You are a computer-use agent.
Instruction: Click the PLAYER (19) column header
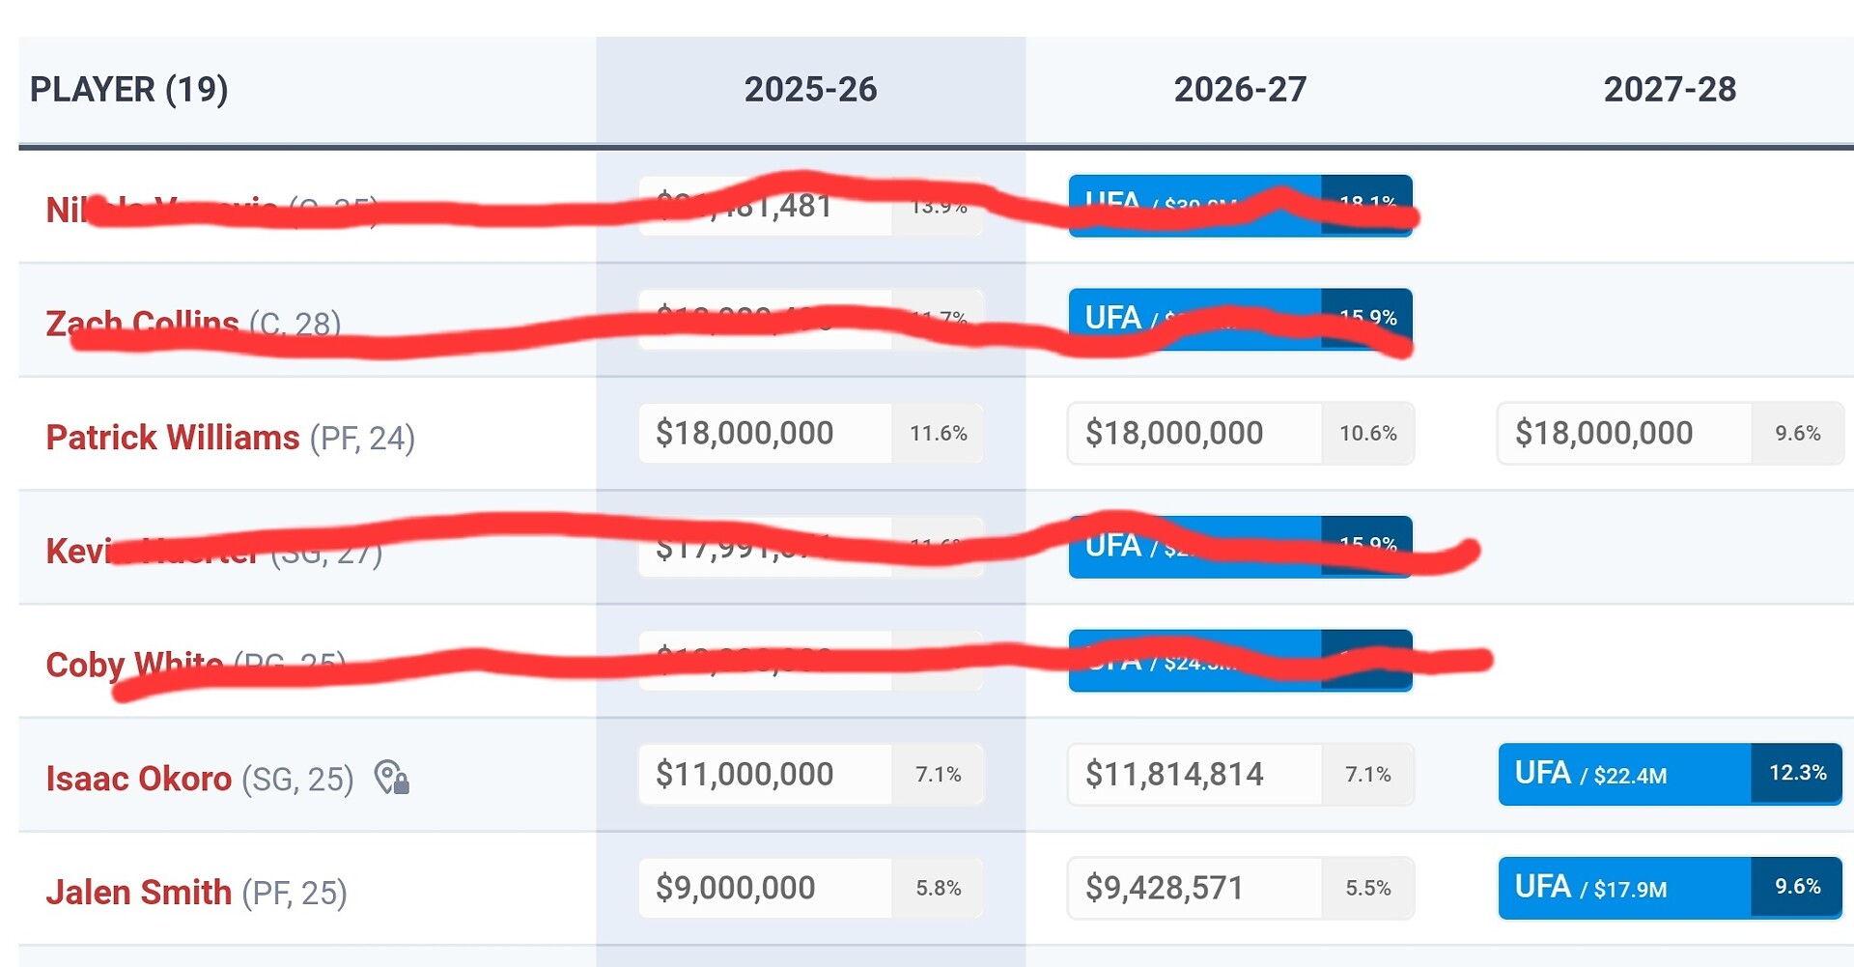coord(128,90)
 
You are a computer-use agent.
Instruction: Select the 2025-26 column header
coord(810,90)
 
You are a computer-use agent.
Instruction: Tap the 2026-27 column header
coord(1240,90)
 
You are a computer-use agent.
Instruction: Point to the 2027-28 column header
coord(1670,90)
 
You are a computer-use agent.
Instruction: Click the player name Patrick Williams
coord(173,438)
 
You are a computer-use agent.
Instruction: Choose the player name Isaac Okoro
coord(139,779)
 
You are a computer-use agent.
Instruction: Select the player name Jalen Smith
coord(139,893)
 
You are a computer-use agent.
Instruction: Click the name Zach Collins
coord(142,322)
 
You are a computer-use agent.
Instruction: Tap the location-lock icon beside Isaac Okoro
coord(392,778)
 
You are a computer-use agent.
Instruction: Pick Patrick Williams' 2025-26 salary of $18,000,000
coord(744,433)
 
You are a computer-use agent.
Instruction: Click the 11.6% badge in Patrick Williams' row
coord(938,434)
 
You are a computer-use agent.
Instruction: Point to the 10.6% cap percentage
coord(1367,434)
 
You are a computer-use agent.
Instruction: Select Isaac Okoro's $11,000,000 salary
coord(744,774)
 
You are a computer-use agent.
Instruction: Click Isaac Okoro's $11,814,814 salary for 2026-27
coord(1174,774)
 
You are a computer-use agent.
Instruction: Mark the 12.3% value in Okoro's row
coord(1797,773)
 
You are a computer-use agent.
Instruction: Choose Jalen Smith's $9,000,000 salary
coord(735,888)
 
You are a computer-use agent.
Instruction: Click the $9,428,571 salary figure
coord(1165,888)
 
